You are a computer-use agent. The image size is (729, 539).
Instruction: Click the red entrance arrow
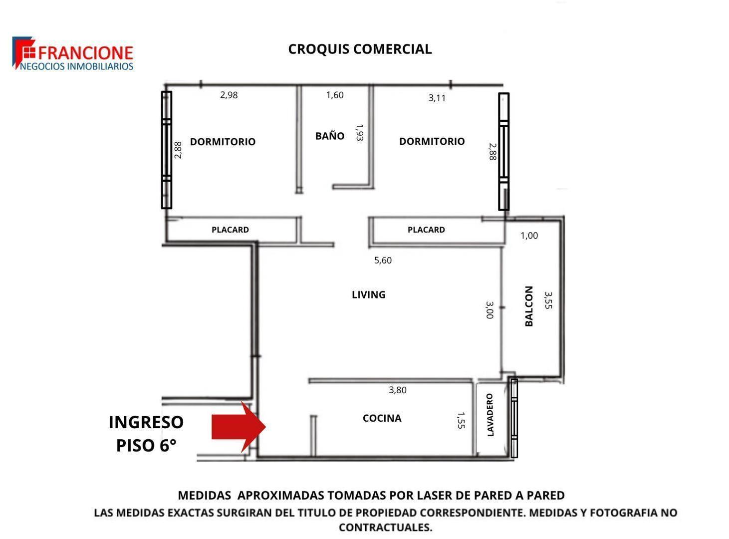[239, 427]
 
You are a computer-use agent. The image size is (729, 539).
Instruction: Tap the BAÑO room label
[330, 135]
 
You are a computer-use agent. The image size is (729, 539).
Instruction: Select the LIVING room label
[368, 294]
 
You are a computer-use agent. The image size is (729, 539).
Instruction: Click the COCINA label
[382, 418]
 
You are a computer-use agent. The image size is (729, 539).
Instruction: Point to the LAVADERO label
[490, 415]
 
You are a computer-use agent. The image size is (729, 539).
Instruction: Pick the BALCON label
[529, 306]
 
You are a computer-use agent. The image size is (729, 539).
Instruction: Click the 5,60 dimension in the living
[383, 260]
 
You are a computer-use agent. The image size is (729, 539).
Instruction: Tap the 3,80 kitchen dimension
[398, 390]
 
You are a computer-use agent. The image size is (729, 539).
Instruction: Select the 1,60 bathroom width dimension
[335, 95]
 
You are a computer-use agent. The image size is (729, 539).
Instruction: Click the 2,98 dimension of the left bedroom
[229, 95]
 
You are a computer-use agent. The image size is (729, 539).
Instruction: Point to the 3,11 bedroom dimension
[437, 98]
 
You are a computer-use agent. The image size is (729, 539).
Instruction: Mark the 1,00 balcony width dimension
[529, 235]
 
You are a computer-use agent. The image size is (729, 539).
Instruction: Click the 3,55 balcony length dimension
[548, 300]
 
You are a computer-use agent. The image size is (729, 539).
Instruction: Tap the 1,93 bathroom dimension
[360, 132]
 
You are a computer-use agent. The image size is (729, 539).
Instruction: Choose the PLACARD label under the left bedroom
[230, 230]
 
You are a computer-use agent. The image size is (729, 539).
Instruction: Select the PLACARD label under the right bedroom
[426, 230]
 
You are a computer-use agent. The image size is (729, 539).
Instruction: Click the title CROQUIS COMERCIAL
[360, 49]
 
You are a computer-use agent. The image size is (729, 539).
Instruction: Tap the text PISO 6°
[146, 445]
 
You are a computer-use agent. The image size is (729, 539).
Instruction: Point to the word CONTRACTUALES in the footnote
[386, 527]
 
